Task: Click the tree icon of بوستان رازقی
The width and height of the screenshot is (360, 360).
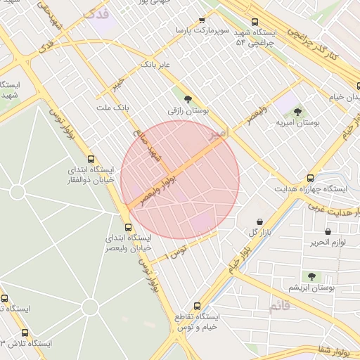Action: point(188,99)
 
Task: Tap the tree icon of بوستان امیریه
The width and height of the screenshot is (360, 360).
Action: point(297,111)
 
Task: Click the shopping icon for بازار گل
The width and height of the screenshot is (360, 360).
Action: point(260,221)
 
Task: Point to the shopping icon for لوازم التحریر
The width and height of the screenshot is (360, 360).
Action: point(328,231)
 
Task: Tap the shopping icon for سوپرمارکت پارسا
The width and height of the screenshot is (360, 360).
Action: point(202,21)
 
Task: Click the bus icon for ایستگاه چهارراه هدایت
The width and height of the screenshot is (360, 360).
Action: point(311,178)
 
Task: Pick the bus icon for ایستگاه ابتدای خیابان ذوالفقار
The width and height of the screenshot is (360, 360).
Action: point(91,159)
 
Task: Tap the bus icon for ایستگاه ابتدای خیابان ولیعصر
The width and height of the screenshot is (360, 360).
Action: point(128,226)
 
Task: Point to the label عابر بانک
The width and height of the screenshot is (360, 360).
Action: point(156,64)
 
